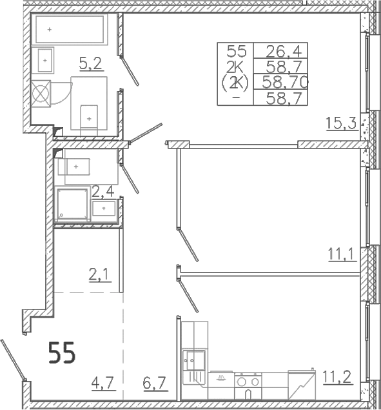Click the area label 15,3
pos(341,123)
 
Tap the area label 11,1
pos(342,254)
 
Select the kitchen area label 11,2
pos(337,376)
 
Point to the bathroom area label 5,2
pos(90,63)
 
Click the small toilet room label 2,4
pos(103,192)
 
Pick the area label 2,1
pos(100,275)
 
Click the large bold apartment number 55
pos(62,353)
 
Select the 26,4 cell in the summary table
pos(284,51)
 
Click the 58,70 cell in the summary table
pos(285,82)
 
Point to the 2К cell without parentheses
pos(235,68)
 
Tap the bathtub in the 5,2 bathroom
pos(70,29)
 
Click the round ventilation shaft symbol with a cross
pos(41,94)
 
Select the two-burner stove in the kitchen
pos(248,382)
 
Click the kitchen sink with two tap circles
pos(194,360)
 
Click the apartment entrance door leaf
pos(14,360)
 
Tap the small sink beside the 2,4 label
pos(104,208)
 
